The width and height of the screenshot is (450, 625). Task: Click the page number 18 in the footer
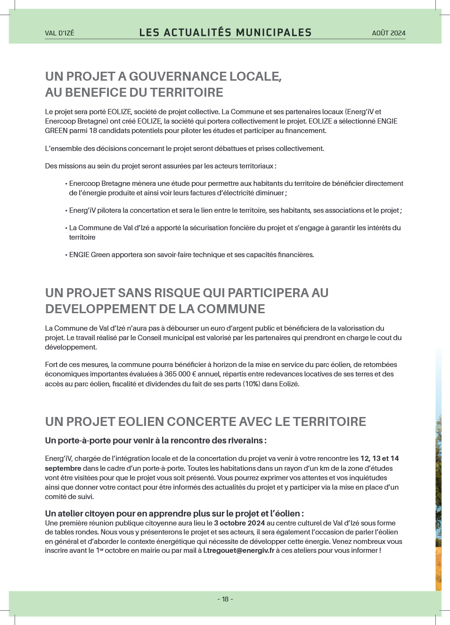[225, 599]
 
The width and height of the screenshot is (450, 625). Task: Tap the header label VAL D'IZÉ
[59, 33]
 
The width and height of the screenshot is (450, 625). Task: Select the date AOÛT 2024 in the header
[388, 33]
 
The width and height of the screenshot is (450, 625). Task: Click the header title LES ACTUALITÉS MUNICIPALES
[225, 33]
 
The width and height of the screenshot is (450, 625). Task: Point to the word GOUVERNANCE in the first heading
[171, 76]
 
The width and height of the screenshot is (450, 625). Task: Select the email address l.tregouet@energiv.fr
[238, 550]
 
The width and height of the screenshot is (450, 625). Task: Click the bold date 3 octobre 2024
[239, 523]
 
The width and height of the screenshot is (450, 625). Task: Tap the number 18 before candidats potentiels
[93, 131]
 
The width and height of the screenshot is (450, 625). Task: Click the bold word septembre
[63, 468]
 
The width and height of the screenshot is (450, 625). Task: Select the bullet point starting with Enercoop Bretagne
[236, 188]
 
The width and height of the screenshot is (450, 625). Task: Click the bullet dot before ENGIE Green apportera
[66, 255]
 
